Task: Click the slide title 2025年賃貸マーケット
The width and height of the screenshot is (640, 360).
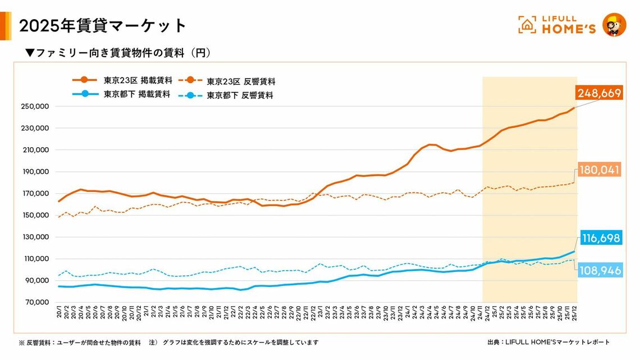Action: tap(103, 25)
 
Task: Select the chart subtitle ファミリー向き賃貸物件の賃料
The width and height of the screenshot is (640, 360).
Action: tap(118, 53)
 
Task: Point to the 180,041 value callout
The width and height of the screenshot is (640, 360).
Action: tap(598, 170)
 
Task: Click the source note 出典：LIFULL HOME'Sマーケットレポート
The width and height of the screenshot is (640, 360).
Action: tap(548, 342)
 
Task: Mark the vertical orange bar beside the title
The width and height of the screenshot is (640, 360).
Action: tap(6, 26)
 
